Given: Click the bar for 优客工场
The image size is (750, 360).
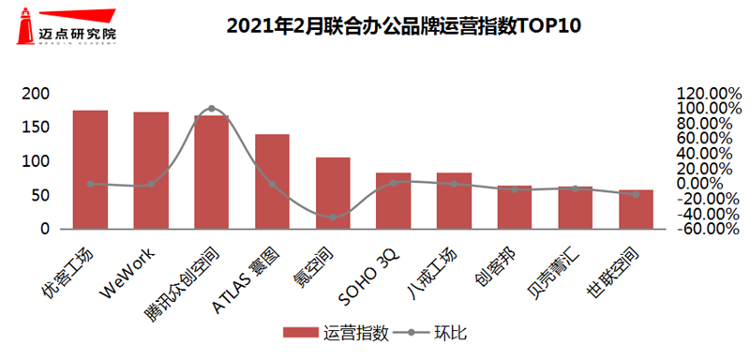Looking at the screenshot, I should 90,170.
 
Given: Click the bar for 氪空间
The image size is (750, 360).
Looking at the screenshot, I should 333,193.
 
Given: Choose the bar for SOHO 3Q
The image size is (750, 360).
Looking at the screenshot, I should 393,201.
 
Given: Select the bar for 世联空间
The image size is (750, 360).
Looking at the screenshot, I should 636,209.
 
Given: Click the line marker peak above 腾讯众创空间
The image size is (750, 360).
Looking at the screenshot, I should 211,109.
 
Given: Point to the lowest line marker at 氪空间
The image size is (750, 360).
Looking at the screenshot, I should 333,217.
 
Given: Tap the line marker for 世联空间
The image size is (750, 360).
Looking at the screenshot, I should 636,194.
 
